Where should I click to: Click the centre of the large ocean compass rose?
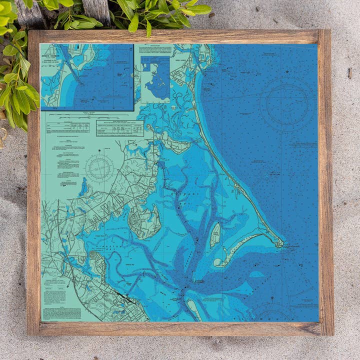pyautogui.click(x=287, y=104)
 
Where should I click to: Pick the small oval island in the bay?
pyautogui.click(x=215, y=235)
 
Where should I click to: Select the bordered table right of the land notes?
pyautogui.click(x=119, y=128)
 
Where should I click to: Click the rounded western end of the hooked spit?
pyautogui.click(x=218, y=262)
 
